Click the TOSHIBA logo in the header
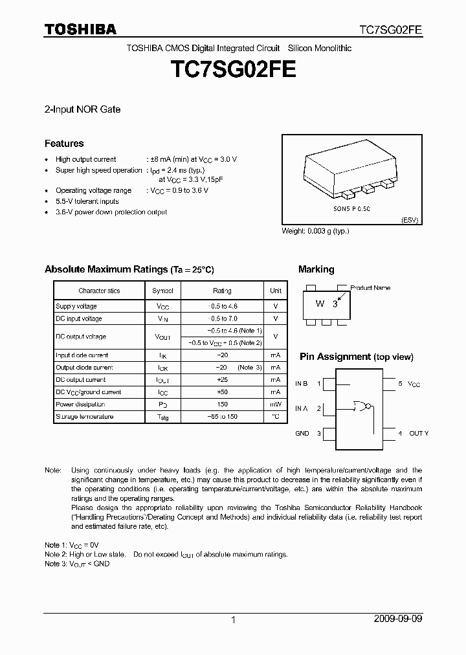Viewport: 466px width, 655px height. tap(80, 29)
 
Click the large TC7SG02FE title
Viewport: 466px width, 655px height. tap(232, 70)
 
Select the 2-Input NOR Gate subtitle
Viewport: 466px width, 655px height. tap(82, 109)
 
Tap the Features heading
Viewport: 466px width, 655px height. tap(64, 144)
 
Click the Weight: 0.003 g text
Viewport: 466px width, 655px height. tap(315, 231)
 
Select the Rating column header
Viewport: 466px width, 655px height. tap(222, 291)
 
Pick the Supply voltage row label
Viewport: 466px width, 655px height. tap(76, 306)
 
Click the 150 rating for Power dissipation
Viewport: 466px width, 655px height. tap(222, 405)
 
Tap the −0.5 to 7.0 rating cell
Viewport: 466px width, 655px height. tap(222, 318)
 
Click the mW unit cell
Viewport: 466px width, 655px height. tap(276, 405)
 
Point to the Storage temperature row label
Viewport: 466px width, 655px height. tap(85, 417)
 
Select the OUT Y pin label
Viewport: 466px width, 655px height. tap(419, 433)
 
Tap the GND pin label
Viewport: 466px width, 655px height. tap(302, 433)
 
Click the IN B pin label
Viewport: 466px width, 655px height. tap(302, 384)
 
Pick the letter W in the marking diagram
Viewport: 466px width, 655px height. tap(320, 304)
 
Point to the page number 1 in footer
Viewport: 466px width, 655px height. tap(233, 620)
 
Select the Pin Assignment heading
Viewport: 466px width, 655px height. tap(356, 357)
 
